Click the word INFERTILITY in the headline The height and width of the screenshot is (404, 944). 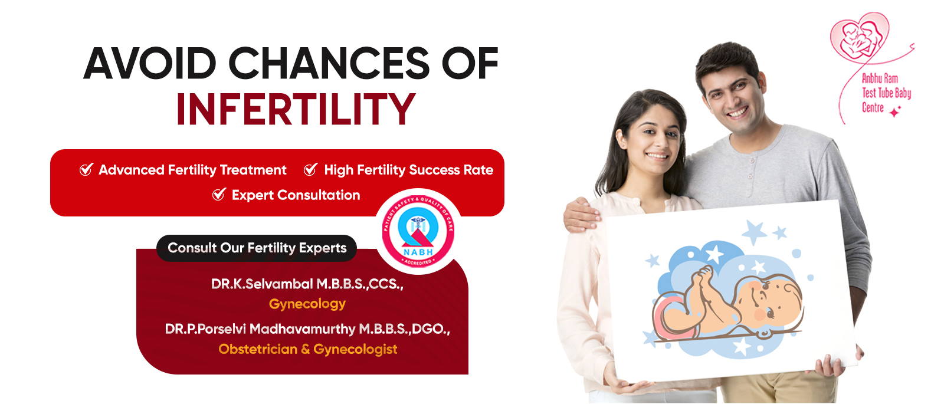(296, 109)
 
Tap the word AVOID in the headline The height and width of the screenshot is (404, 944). (150, 63)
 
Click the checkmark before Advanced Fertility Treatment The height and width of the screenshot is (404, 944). (86, 169)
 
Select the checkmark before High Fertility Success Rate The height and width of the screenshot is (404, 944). (310, 169)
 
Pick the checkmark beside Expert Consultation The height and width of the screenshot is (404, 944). (219, 194)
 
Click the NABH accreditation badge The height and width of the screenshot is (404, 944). (418, 231)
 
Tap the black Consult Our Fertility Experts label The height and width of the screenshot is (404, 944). (257, 248)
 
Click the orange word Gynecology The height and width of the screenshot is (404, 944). (307, 304)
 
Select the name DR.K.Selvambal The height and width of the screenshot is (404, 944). (262, 284)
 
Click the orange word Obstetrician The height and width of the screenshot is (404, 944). (258, 349)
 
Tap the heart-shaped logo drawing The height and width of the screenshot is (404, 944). (860, 37)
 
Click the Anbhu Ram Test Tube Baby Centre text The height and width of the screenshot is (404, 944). (886, 93)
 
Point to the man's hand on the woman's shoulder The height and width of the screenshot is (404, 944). (582, 215)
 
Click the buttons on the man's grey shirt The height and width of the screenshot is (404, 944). (750, 169)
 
